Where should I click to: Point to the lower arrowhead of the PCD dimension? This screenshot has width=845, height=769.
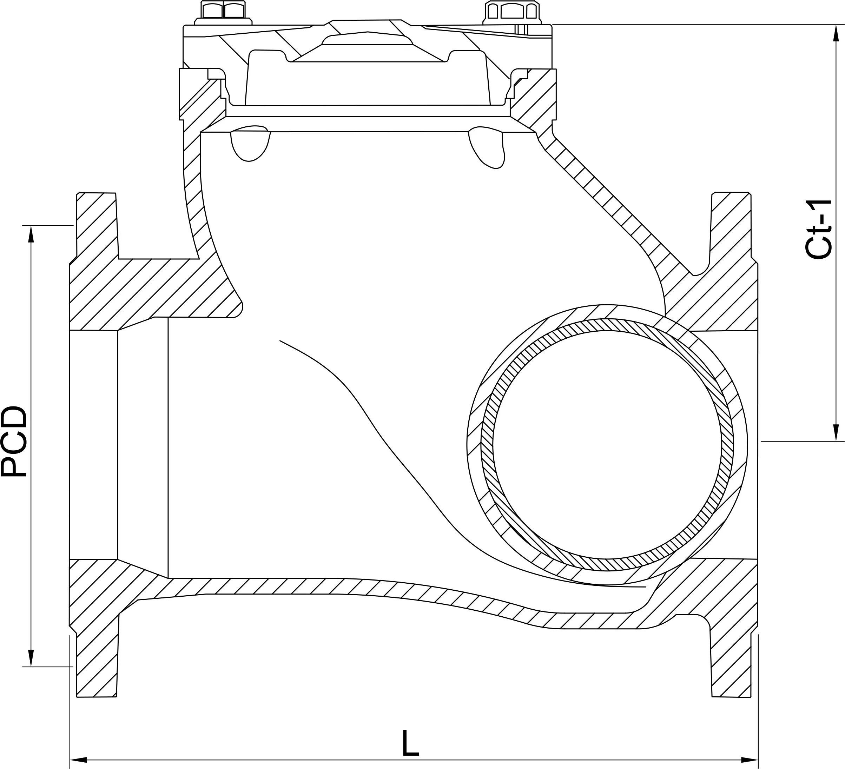pos(31,657)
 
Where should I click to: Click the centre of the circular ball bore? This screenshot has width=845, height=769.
pos(607,445)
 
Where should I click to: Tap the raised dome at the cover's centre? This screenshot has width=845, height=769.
pos(367,39)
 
